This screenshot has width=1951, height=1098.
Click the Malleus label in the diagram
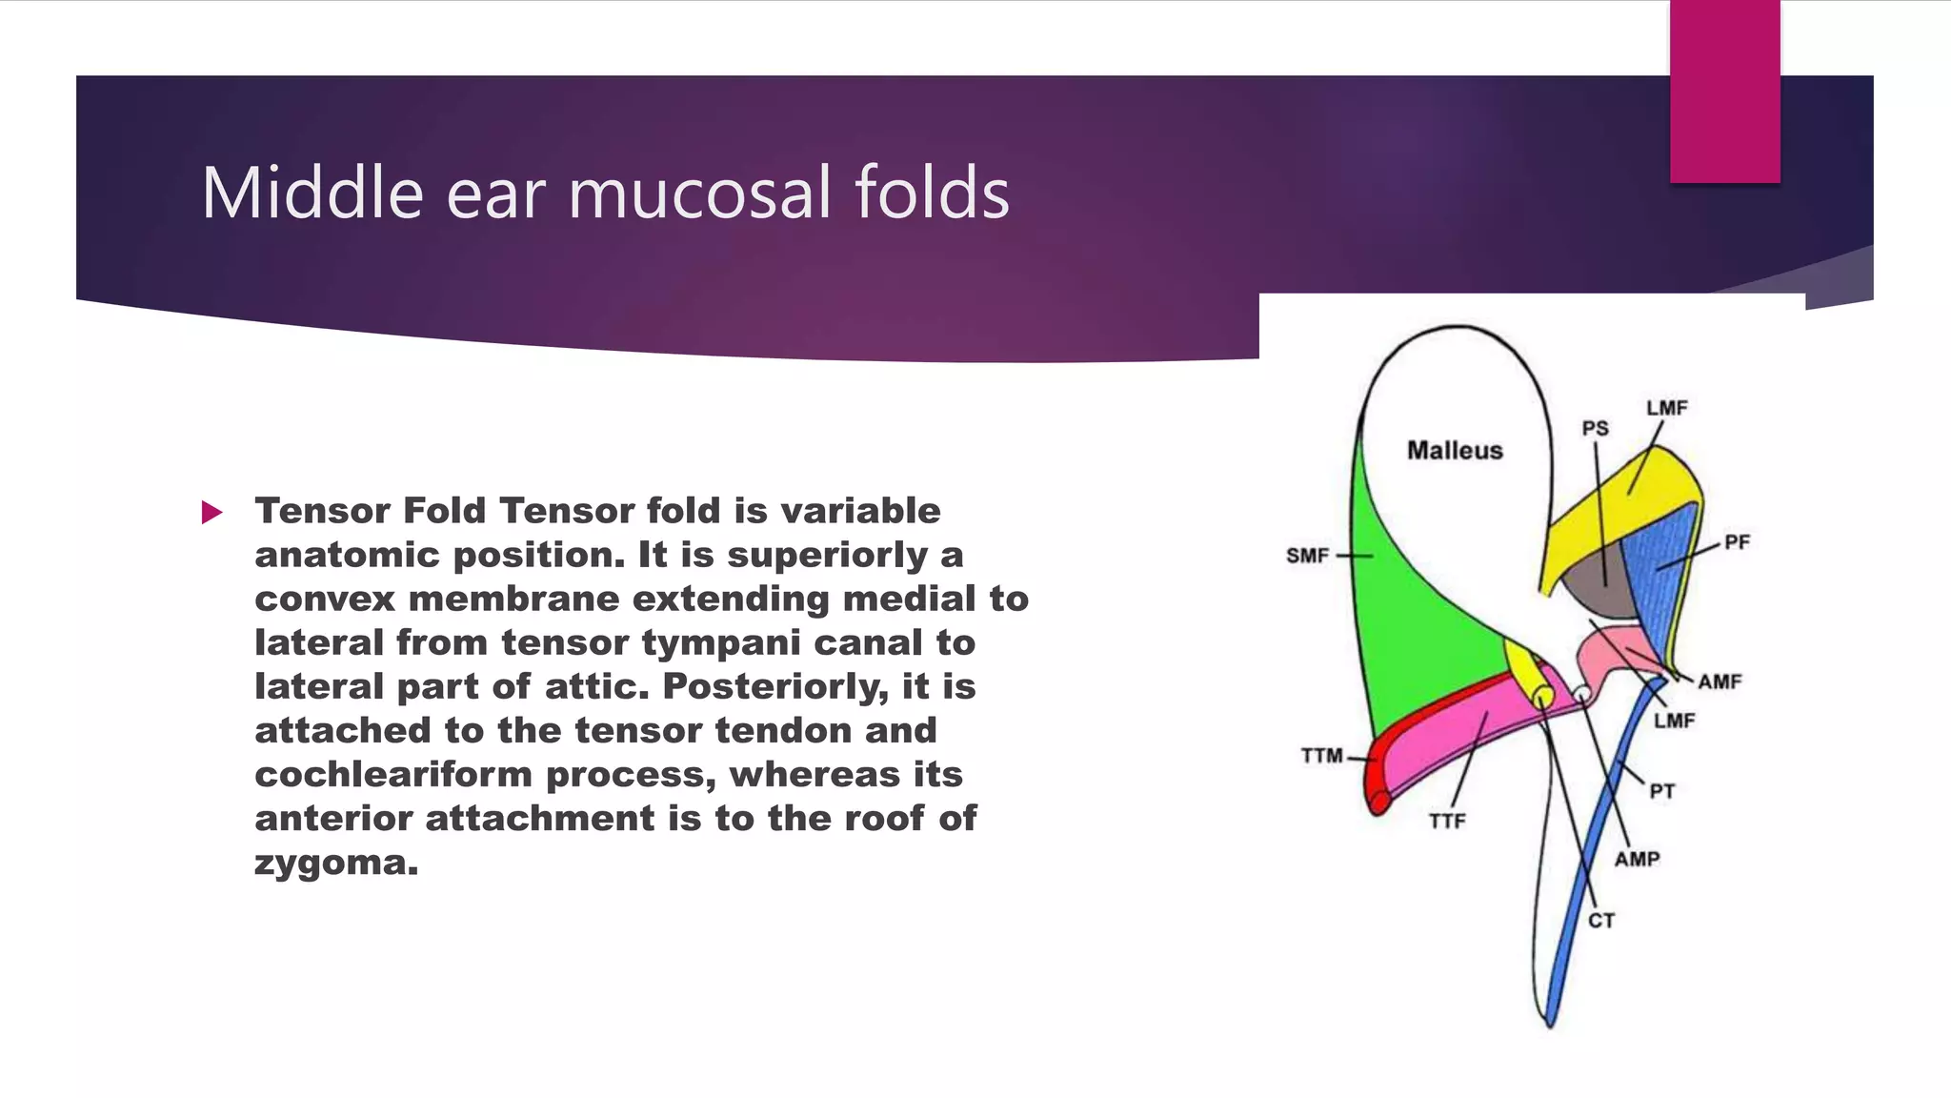(x=1455, y=450)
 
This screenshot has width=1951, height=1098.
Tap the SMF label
(x=1307, y=556)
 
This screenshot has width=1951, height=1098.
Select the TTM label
(x=1322, y=756)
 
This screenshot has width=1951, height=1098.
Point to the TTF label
(x=1447, y=821)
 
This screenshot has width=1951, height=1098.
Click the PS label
(x=1596, y=429)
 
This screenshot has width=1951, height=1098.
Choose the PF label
(x=1737, y=542)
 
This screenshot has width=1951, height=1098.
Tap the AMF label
(x=1720, y=681)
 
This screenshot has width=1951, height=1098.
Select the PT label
(x=1662, y=791)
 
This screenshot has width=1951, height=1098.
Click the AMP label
(x=1637, y=859)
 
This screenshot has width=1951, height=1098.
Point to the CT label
(x=1601, y=921)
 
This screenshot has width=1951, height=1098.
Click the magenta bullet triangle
(x=211, y=513)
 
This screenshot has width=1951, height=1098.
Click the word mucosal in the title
(x=701, y=193)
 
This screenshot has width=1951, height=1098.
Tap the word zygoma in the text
(x=336, y=863)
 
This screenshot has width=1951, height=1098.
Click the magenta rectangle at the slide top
(x=1724, y=91)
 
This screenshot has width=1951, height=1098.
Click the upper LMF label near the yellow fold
(x=1666, y=408)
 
